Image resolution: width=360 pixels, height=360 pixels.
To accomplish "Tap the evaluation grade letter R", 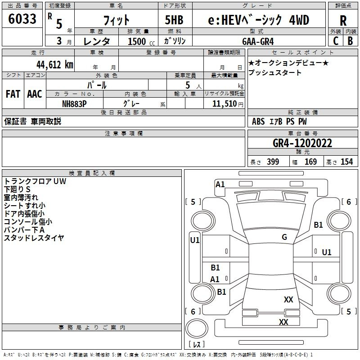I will [x=343, y=20].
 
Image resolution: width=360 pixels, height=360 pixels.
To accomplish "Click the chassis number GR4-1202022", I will [x=302, y=144].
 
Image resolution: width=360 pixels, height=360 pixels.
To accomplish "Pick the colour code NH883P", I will [x=74, y=103].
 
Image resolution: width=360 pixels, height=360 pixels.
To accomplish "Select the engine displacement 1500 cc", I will [x=138, y=41].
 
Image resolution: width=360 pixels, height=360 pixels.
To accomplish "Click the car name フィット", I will [x=117, y=20].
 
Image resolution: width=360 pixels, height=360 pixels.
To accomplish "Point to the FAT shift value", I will [x=13, y=94].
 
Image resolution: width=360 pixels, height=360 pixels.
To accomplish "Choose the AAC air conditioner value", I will [x=34, y=94].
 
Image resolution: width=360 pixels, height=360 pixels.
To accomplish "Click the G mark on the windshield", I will [x=284, y=237].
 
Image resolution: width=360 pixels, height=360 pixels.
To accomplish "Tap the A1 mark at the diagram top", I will [x=220, y=184].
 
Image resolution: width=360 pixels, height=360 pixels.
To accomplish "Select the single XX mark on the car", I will [x=288, y=300].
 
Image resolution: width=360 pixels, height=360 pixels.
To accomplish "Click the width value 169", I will [x=311, y=162].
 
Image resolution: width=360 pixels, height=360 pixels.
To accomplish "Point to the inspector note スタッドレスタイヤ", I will [x=34, y=238].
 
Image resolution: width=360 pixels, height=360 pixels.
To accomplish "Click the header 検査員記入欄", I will [x=92, y=173].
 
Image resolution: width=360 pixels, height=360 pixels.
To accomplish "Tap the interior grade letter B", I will [x=350, y=40].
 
